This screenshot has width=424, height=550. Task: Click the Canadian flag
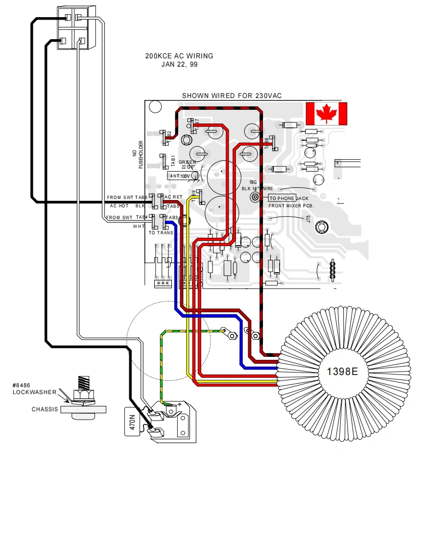pyautogui.click(x=326, y=114)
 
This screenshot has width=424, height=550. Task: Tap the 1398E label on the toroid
pyautogui.click(x=342, y=372)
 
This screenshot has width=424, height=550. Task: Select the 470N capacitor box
pyautogui.click(x=132, y=422)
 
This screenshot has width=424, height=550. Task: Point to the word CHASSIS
pyautogui.click(x=45, y=409)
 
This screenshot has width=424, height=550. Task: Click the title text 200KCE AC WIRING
pyautogui.click(x=179, y=56)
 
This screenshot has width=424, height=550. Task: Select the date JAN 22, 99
pyautogui.click(x=179, y=64)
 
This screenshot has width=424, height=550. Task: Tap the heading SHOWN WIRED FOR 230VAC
pyautogui.click(x=232, y=96)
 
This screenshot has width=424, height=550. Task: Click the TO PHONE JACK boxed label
pyautogui.click(x=282, y=198)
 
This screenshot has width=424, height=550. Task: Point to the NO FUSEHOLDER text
pyautogui.click(x=138, y=155)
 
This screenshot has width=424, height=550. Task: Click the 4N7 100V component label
pyautogui.click(x=179, y=175)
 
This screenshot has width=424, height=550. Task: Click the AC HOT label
pyautogui.click(x=119, y=206)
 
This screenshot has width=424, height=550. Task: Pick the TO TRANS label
pyautogui.click(x=161, y=233)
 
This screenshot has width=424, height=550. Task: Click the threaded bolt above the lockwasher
pyautogui.click(x=83, y=381)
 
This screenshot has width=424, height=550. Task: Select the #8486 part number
pyautogui.click(x=22, y=385)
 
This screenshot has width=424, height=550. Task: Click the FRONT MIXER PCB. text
pyautogui.click(x=291, y=205)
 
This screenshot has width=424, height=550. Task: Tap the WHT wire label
pyautogui.click(x=138, y=226)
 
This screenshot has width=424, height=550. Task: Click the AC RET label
pyautogui.click(x=173, y=197)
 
